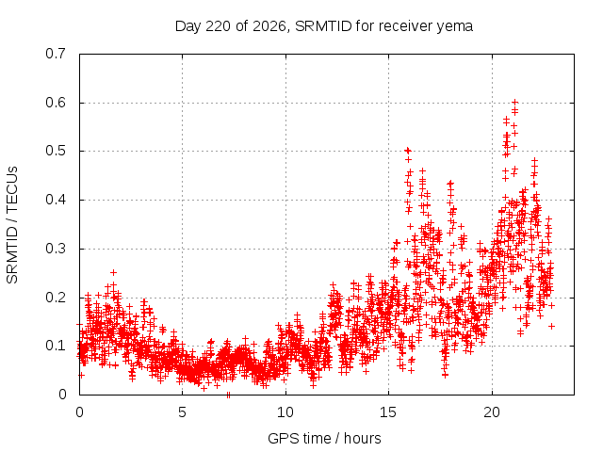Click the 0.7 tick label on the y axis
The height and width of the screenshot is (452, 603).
56,54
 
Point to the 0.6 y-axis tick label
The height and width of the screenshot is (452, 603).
56,103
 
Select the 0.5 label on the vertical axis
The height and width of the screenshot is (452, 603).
56,151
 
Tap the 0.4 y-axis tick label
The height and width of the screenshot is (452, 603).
56,200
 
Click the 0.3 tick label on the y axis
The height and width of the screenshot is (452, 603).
56,249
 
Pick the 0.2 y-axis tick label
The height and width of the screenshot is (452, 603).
56,298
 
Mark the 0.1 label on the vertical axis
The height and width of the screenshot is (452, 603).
56,346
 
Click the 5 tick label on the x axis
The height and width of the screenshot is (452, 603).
182,412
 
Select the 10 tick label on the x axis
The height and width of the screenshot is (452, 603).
285,412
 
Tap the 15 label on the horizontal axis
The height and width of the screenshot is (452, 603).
388,412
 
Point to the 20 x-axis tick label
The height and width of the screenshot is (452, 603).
492,412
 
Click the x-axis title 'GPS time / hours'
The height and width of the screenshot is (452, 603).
324,439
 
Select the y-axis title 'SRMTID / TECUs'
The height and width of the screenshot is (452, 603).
12,225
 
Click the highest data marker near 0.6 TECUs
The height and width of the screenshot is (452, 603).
515,103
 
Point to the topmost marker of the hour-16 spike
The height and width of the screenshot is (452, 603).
408,151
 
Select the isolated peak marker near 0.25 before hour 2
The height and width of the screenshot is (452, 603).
113,272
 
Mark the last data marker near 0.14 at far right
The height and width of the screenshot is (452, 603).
551,326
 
